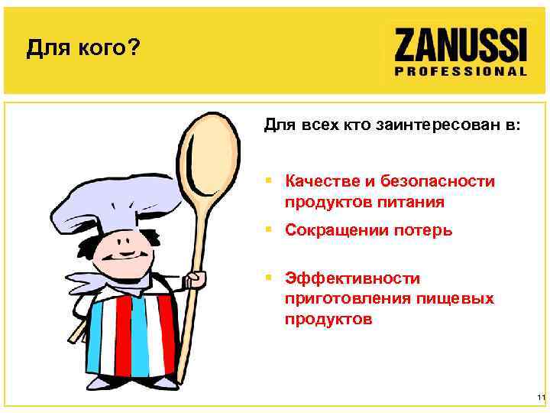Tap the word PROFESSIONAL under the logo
pyautogui.click(x=461, y=70)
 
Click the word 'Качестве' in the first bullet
pyautogui.click(x=320, y=182)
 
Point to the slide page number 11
pyautogui.click(x=540, y=398)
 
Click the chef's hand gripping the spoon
pyautogui.click(x=197, y=280)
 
